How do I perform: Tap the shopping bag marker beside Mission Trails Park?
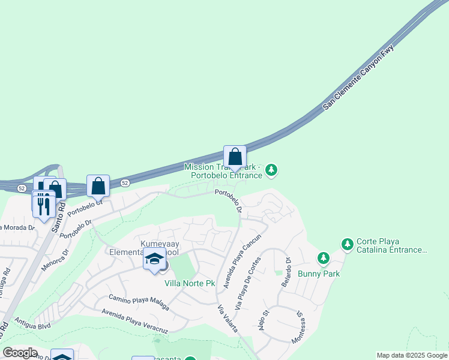(x=235, y=158)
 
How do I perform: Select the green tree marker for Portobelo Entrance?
(x=271, y=171)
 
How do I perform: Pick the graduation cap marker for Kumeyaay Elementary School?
(x=154, y=259)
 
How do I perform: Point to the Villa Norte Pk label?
(x=190, y=283)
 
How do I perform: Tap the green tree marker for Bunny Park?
(x=324, y=258)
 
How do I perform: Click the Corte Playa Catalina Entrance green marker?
(x=347, y=244)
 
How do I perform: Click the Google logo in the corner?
(x=19, y=353)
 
